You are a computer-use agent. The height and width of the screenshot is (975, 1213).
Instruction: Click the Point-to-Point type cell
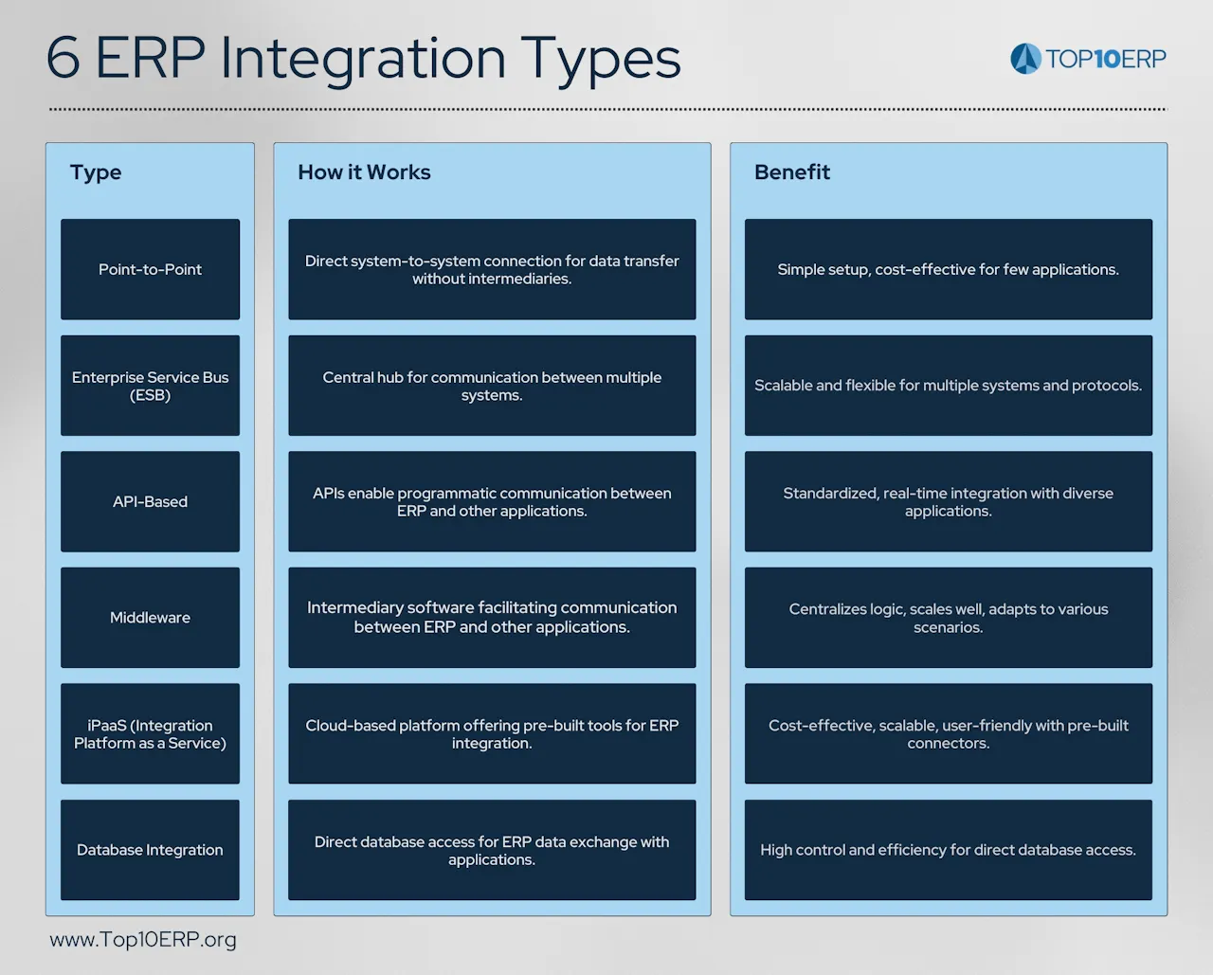(150, 269)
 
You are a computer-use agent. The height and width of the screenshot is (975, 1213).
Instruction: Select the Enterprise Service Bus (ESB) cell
(150, 386)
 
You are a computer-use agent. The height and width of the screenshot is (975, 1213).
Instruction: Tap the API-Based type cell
(150, 501)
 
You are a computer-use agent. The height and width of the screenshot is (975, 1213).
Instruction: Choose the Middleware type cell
(150, 618)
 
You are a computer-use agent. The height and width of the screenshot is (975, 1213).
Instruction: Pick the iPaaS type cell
(150, 733)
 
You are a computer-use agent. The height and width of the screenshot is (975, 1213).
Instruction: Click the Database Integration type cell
(150, 850)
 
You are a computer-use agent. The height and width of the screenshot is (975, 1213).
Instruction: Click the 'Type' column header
(96, 172)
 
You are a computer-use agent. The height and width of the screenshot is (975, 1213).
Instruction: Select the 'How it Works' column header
(364, 172)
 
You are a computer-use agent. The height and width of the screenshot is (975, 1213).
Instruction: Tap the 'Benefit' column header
(791, 172)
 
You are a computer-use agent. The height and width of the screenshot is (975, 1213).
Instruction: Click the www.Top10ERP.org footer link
(143, 940)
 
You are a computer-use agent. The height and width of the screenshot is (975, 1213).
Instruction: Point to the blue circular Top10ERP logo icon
(1025, 59)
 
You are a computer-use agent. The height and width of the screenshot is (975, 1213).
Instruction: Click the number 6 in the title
(63, 59)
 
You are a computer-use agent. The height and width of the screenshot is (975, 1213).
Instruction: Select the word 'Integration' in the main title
(363, 59)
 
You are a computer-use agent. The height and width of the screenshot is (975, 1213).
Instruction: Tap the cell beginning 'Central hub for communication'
(492, 386)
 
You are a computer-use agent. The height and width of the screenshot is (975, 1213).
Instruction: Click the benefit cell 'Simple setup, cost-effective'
(948, 269)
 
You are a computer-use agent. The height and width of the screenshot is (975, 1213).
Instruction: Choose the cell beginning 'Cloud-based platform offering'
(492, 733)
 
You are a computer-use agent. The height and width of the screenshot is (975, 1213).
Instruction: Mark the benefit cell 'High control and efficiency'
(948, 850)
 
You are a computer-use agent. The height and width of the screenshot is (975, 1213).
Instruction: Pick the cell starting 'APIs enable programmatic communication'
(492, 501)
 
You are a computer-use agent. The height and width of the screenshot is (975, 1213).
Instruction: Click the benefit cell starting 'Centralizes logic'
(948, 618)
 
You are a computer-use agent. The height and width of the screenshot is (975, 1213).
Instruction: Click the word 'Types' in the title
(601, 59)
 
